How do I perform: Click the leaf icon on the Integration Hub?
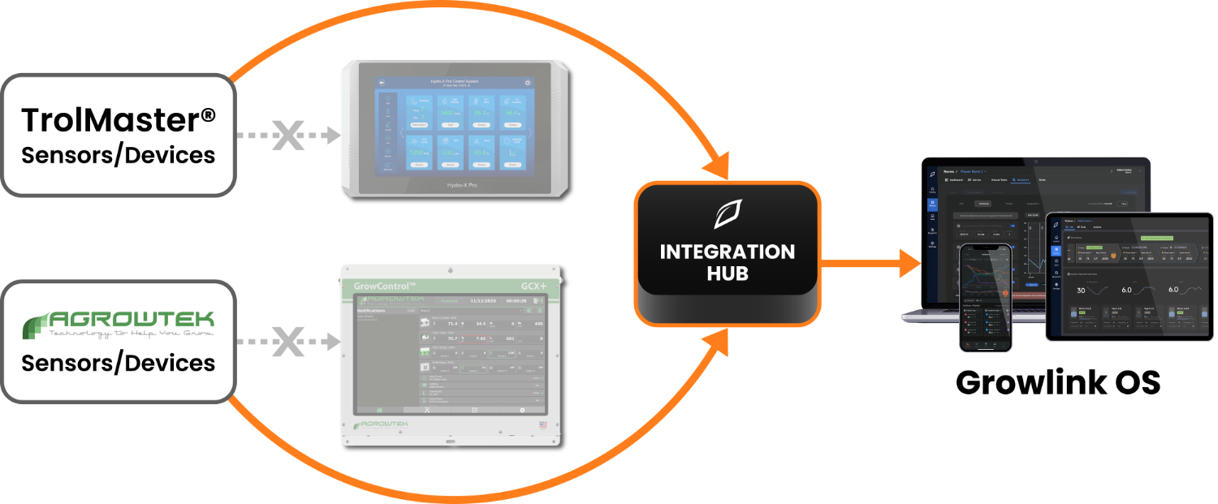(x=728, y=213)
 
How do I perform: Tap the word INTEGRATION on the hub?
(x=728, y=252)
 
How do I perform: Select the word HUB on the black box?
(x=728, y=274)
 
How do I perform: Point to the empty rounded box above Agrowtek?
(x=119, y=135)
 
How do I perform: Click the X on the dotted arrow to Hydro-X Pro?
(x=287, y=136)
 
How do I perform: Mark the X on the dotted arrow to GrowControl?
(x=287, y=342)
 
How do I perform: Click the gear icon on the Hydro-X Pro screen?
(x=528, y=83)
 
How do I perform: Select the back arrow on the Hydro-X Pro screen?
(x=382, y=83)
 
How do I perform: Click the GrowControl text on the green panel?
(x=385, y=286)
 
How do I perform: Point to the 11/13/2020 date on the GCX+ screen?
(x=480, y=299)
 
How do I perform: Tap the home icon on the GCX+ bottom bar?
(x=378, y=410)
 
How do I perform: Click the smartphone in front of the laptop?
(x=985, y=298)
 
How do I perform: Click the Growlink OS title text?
(x=1057, y=382)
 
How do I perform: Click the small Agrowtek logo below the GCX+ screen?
(x=379, y=424)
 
